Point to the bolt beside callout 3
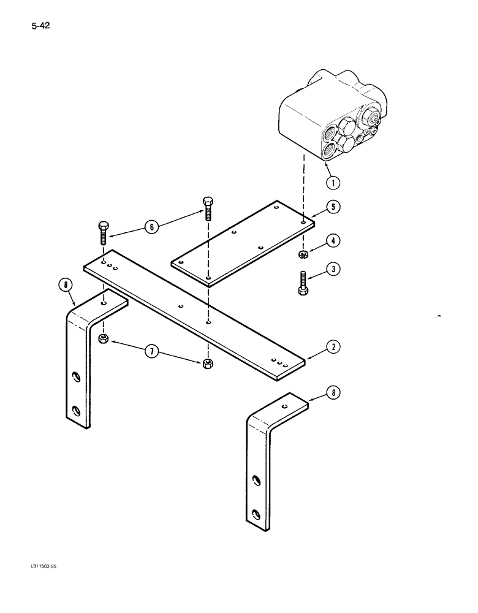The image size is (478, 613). point(302,283)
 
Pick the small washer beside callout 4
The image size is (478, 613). point(302,254)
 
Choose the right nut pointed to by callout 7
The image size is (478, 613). point(207,364)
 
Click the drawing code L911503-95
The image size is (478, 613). point(40,584)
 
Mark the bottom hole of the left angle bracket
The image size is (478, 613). point(76,409)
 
